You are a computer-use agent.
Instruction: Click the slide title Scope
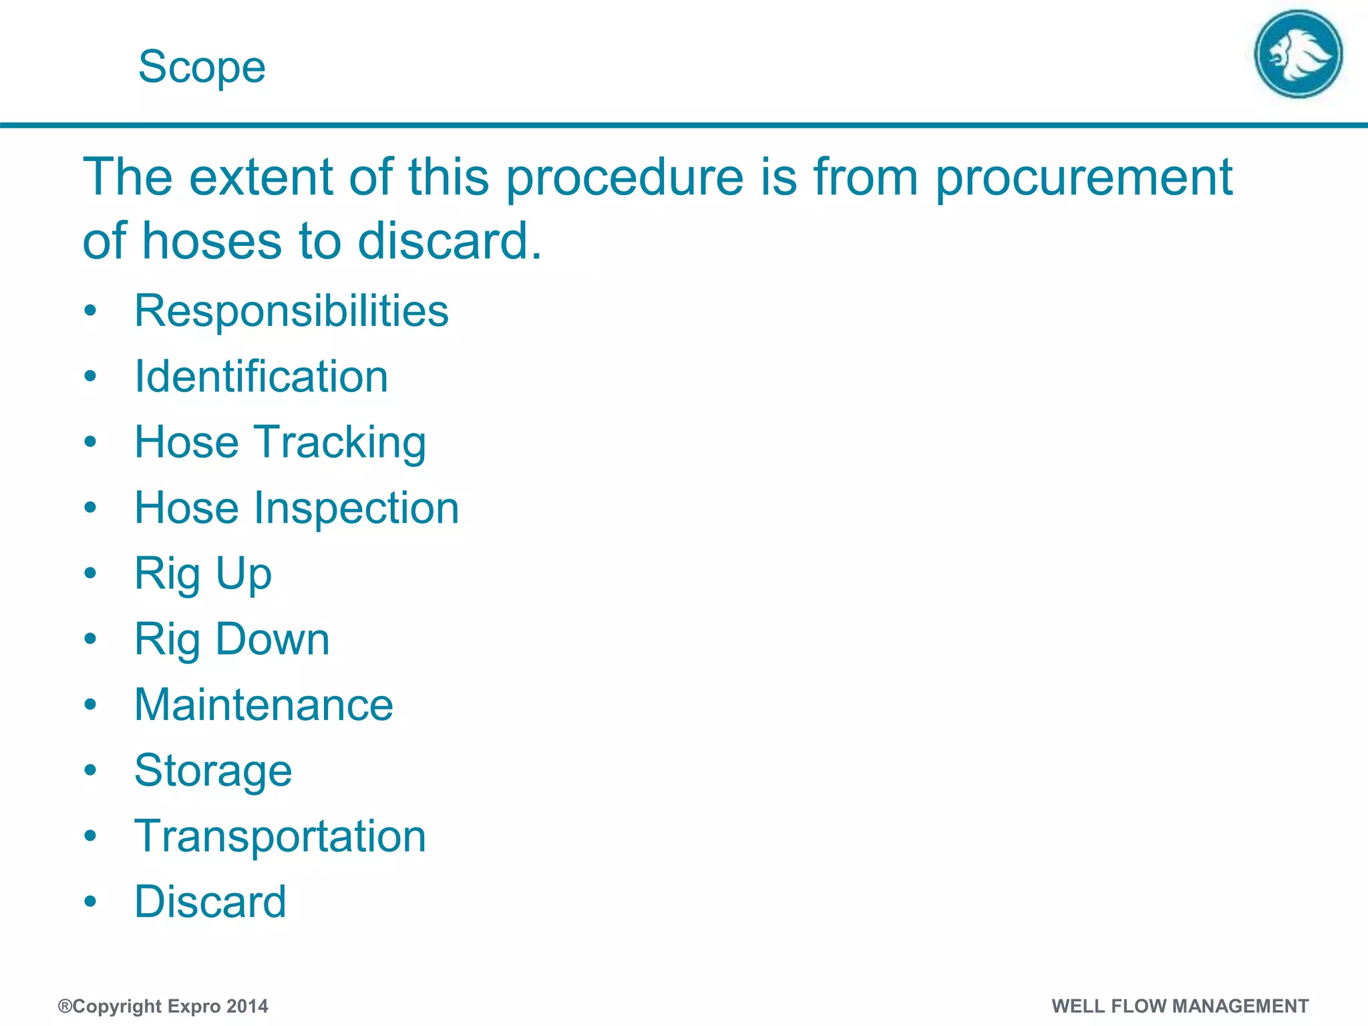click(x=202, y=67)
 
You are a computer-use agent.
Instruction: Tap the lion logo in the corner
click(x=1298, y=54)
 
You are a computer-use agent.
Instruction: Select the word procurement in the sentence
click(x=1083, y=178)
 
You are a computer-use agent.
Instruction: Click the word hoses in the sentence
click(x=212, y=241)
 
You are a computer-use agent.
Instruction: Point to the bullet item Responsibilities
click(x=291, y=311)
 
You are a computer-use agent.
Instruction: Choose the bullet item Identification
click(x=261, y=377)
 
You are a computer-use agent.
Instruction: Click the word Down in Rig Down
click(x=273, y=640)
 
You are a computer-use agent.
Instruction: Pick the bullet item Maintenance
click(x=264, y=705)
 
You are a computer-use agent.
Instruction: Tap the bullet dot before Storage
click(x=91, y=771)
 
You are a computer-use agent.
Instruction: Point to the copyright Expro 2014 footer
click(x=163, y=1006)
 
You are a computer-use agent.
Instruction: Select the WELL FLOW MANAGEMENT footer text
click(x=1180, y=1006)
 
